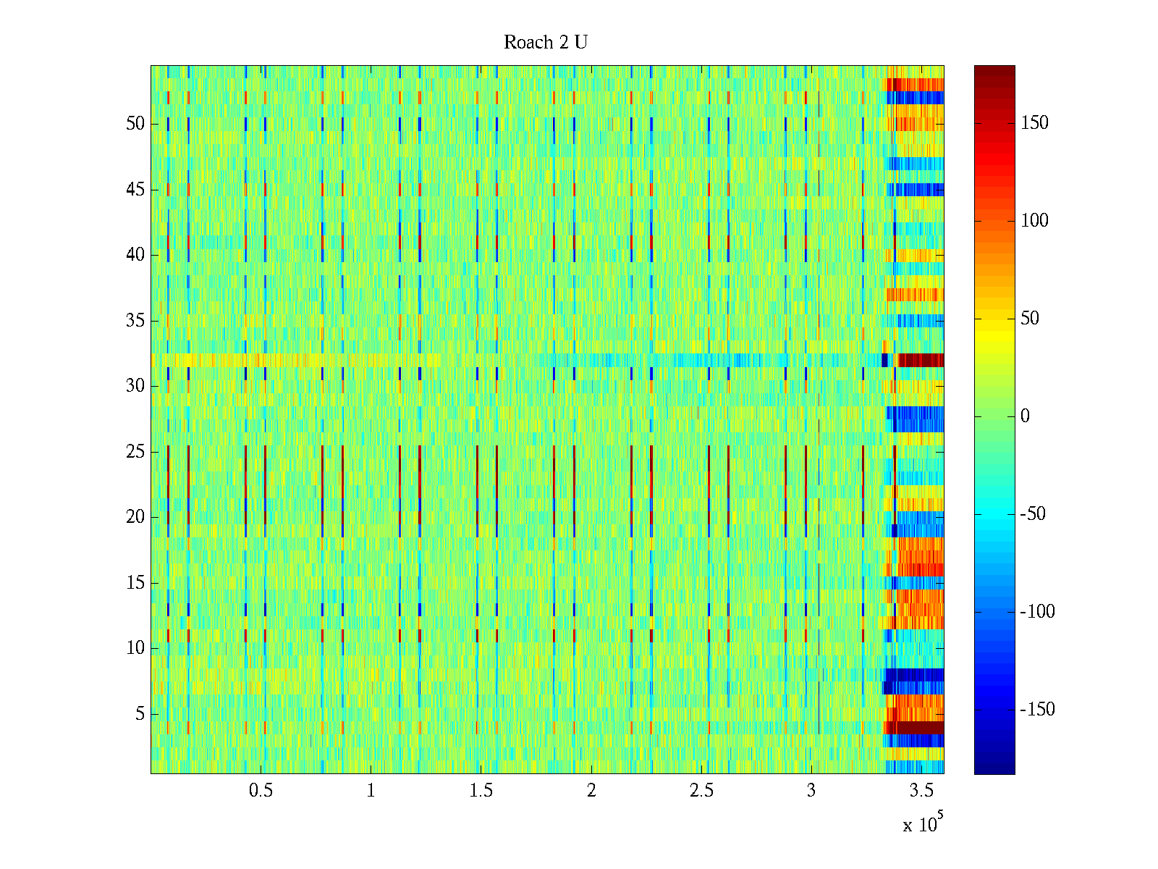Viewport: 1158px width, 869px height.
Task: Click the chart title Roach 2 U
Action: pos(546,43)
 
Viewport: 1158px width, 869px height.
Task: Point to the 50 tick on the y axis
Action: pos(135,124)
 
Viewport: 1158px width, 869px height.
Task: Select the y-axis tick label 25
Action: pos(135,452)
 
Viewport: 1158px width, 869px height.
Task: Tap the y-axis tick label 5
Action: pos(140,714)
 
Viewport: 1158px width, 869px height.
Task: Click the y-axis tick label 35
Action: pos(135,321)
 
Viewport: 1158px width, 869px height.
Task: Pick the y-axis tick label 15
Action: pos(135,583)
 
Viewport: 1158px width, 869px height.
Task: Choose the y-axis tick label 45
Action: pos(135,190)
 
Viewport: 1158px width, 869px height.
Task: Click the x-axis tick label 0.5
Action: pos(261,791)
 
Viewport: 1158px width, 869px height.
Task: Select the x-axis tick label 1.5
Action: pos(481,791)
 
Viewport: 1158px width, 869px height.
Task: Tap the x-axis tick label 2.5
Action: pos(701,791)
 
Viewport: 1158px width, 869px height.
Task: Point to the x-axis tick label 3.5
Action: pos(921,791)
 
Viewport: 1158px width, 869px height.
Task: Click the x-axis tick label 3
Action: pos(811,791)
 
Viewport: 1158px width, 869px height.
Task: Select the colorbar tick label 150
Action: pos(1034,123)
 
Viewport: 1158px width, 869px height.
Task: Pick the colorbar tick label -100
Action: pos(1037,612)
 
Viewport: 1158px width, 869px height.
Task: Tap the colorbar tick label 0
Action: pos(1025,416)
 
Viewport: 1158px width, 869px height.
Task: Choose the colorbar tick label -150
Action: pos(1037,710)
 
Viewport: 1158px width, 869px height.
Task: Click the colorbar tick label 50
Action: pos(1030,319)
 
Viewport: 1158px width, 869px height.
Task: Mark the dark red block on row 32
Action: pos(921,360)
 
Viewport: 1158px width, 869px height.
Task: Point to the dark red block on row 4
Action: pos(918,727)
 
